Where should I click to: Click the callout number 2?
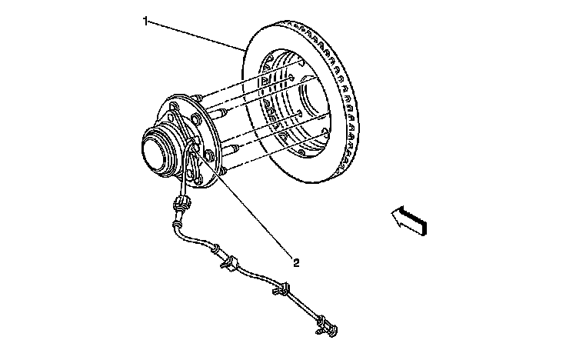[x=295, y=262]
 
